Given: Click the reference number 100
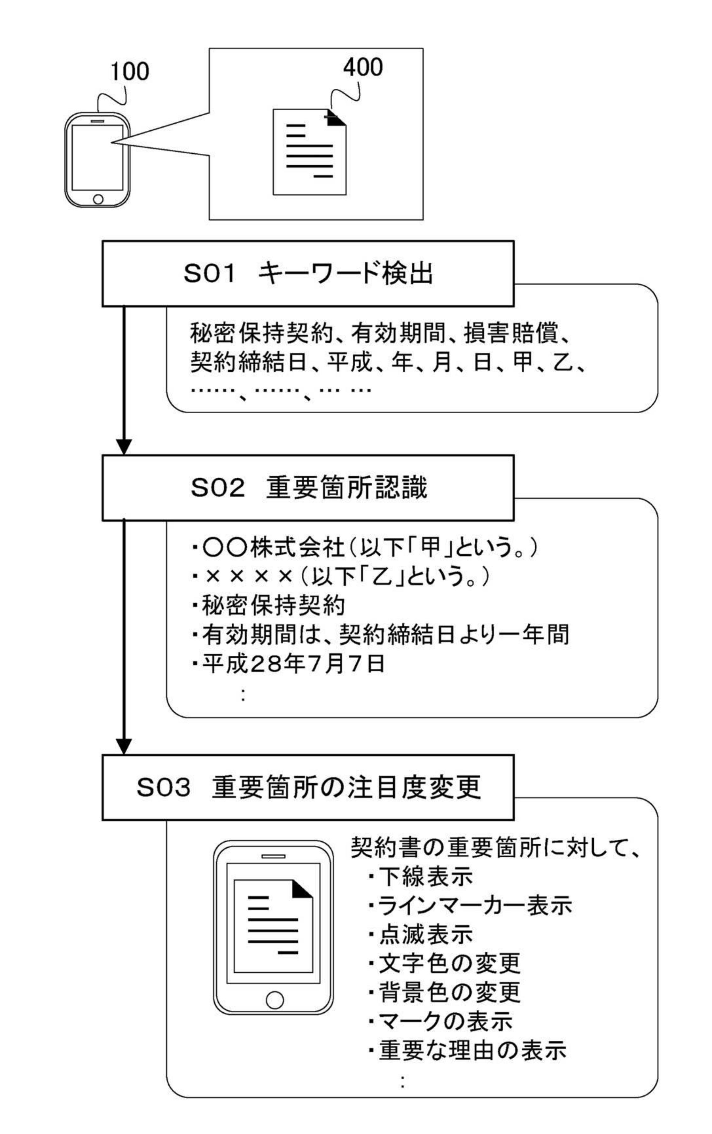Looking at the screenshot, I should (x=130, y=72).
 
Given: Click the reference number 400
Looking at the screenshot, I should (x=362, y=67).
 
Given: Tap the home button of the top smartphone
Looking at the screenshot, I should (x=98, y=199).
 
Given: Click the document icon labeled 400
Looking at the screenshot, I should (x=309, y=151).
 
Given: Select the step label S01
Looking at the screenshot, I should (x=209, y=273).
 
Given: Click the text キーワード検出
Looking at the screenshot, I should (x=345, y=273).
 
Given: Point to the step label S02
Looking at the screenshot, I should (x=218, y=488).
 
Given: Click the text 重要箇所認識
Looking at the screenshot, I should (x=347, y=488).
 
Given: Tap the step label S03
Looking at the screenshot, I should (x=163, y=787).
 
